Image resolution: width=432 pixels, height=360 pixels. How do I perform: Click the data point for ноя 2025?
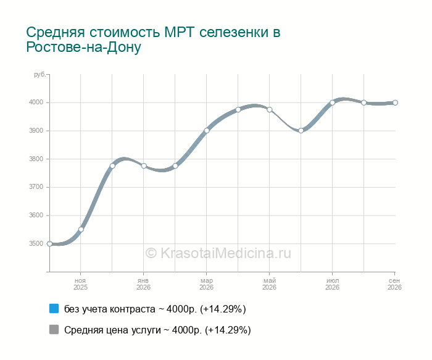click(x=81, y=229)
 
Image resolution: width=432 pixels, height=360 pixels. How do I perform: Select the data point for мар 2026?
click(x=207, y=131)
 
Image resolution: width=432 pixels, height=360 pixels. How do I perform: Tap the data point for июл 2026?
click(x=332, y=103)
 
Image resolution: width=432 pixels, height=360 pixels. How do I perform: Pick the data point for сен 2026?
click(x=395, y=103)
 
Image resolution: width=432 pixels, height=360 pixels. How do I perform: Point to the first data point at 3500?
click(x=49, y=244)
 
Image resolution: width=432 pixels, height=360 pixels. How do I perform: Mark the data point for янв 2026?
click(x=144, y=165)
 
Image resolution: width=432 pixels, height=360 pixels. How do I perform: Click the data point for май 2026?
click(x=270, y=110)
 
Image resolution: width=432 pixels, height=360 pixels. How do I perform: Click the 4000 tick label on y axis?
click(x=36, y=103)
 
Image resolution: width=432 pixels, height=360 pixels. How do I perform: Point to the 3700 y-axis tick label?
click(x=36, y=187)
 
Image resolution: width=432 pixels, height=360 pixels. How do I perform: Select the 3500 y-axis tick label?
click(x=36, y=243)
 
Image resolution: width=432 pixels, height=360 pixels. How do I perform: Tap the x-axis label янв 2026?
click(x=143, y=284)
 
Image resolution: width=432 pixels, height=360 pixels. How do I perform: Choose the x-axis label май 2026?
click(x=269, y=284)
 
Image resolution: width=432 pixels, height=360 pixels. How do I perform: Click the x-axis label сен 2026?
click(x=394, y=284)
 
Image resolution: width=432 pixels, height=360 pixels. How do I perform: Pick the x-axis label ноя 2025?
click(x=80, y=284)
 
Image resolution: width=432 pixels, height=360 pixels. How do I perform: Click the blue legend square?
click(x=54, y=309)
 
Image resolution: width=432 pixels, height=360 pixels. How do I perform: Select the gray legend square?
click(x=54, y=329)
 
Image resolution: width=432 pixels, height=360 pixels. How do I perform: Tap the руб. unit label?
click(x=39, y=75)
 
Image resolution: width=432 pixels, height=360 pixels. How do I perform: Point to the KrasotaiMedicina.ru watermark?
click(x=218, y=253)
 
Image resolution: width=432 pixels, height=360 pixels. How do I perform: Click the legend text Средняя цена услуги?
click(x=112, y=330)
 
